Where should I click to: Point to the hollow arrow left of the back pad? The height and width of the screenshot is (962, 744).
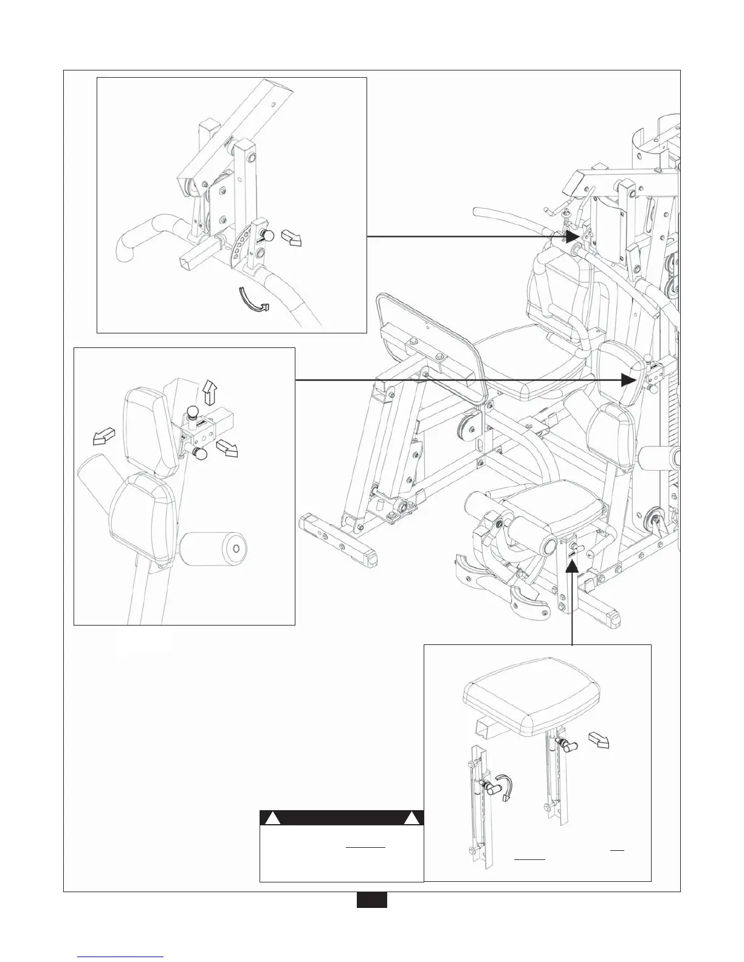pos(102,435)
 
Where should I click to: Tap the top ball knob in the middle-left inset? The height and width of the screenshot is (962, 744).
pos(193,412)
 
